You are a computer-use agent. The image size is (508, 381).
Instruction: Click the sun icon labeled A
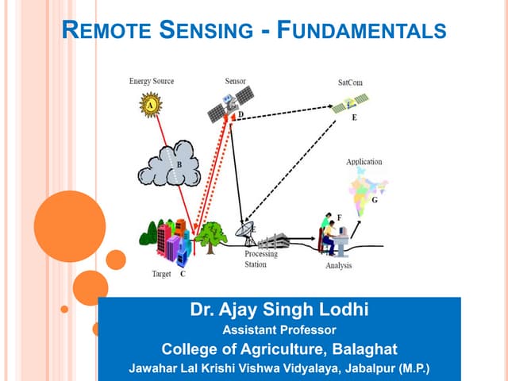pyautogui.click(x=150, y=103)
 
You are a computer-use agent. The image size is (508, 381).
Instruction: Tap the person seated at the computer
pyautogui.click(x=327, y=231)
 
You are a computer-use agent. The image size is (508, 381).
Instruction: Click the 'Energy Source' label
pyautogui.click(x=151, y=82)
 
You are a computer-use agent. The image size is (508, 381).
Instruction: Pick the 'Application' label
pyautogui.click(x=364, y=162)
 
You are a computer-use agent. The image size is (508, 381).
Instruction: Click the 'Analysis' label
pyautogui.click(x=339, y=266)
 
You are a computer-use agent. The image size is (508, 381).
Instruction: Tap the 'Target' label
pyautogui.click(x=161, y=274)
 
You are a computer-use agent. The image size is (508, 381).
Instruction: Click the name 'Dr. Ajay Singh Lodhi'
pyautogui.click(x=279, y=310)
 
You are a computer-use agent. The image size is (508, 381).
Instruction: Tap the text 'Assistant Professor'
pyautogui.click(x=279, y=329)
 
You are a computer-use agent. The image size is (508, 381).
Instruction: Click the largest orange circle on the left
pyautogui.click(x=69, y=226)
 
